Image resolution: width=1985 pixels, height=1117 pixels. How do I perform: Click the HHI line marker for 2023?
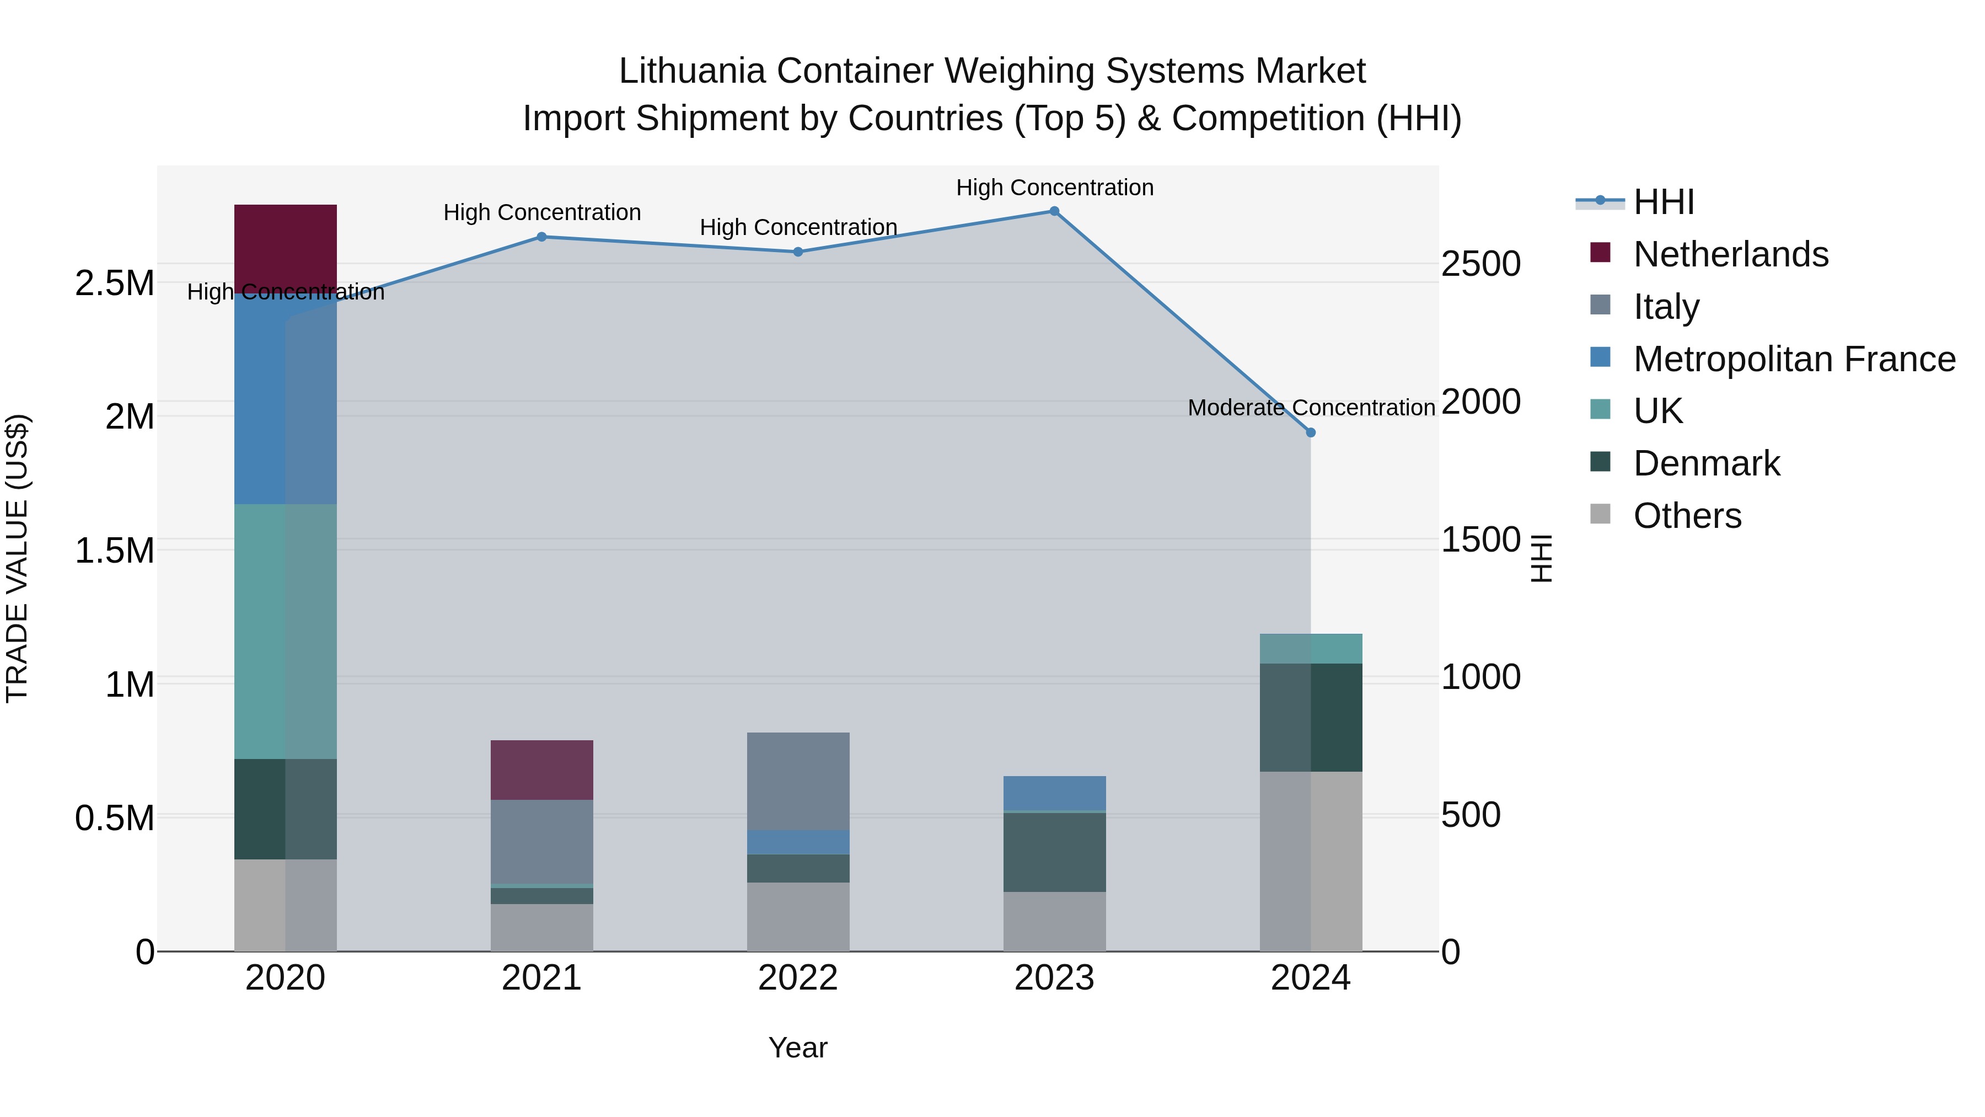click(1054, 211)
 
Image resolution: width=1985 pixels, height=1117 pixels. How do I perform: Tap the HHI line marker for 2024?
click(1311, 432)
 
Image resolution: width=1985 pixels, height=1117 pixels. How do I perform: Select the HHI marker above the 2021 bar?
click(541, 237)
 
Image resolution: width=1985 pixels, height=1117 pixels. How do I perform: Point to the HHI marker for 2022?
click(798, 252)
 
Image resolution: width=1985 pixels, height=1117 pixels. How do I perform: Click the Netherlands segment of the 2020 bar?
click(285, 247)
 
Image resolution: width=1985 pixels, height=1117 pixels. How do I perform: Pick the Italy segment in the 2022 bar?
click(798, 780)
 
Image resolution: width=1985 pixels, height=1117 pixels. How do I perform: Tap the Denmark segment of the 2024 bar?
click(1311, 717)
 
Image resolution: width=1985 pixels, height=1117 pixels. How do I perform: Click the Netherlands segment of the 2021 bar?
click(541, 769)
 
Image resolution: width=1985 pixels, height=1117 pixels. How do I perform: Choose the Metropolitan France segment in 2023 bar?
click(1054, 793)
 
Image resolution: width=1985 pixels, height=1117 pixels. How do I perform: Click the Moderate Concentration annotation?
click(1311, 408)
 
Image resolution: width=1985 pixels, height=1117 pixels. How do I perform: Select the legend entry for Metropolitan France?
click(1794, 359)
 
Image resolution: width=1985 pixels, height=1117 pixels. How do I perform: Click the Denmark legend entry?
click(1706, 463)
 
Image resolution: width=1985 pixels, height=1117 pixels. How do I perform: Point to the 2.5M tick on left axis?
click(115, 283)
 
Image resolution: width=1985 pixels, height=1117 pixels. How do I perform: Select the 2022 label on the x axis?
click(798, 978)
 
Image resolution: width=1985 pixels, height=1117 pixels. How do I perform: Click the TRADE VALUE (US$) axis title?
click(17, 558)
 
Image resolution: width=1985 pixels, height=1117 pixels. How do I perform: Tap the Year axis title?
click(798, 1047)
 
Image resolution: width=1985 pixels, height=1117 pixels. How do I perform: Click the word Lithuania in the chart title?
click(692, 71)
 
